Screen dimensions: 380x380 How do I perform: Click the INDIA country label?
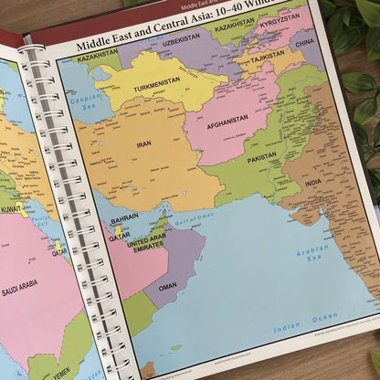pyautogui.click(x=313, y=183)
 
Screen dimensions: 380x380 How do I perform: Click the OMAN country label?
pyautogui.click(x=167, y=286)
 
